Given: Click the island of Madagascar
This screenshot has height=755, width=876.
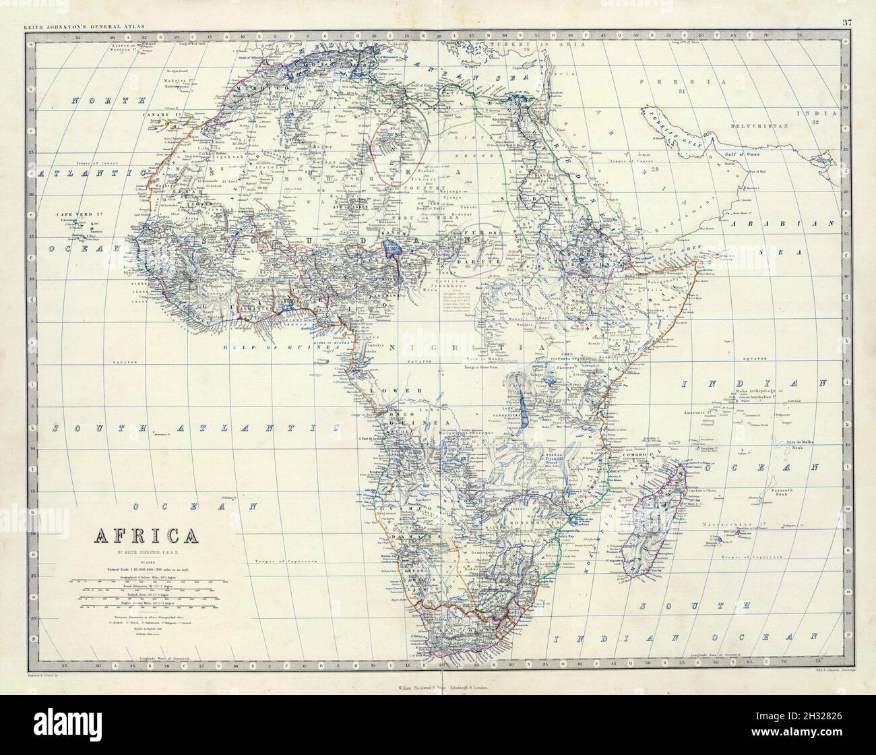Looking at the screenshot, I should (x=666, y=504).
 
